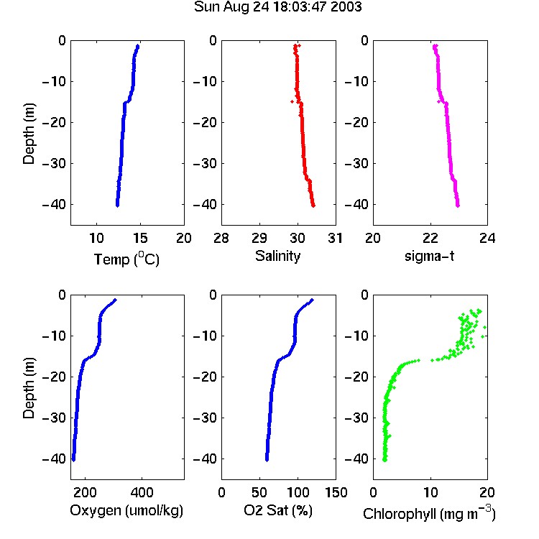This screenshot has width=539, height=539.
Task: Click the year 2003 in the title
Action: [x=346, y=6]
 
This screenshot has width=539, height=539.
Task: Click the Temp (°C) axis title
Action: [x=126, y=259]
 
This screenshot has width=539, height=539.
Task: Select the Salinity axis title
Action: [x=277, y=256]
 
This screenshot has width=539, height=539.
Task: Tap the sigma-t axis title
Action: [x=429, y=256]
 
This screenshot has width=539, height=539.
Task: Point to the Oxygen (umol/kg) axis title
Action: [x=126, y=510]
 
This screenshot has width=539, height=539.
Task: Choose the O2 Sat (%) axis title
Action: [x=278, y=510]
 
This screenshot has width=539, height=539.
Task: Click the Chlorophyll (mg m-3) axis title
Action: [x=429, y=513]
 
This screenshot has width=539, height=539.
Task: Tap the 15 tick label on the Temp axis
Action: [x=140, y=238]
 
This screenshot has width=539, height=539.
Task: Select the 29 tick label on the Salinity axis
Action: [x=259, y=238]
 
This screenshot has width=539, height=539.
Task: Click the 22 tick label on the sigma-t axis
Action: [x=430, y=238]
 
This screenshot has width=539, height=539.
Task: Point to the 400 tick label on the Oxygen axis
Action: [x=142, y=492]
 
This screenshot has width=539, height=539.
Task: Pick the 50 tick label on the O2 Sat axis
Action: [x=259, y=492]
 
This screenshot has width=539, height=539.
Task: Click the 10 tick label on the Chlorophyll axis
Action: [x=430, y=492]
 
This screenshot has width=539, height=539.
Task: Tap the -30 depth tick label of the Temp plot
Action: [x=54, y=163]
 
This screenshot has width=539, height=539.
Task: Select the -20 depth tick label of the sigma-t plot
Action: [x=356, y=122]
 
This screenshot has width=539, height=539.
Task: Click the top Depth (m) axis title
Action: [x=29, y=134]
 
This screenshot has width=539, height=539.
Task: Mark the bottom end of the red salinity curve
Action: [x=313, y=206]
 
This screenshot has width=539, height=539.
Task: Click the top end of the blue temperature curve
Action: [x=137, y=46]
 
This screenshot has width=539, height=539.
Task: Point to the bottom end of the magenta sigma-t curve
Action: [x=458, y=206]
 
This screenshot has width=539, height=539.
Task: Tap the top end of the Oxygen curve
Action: [x=115, y=300]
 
